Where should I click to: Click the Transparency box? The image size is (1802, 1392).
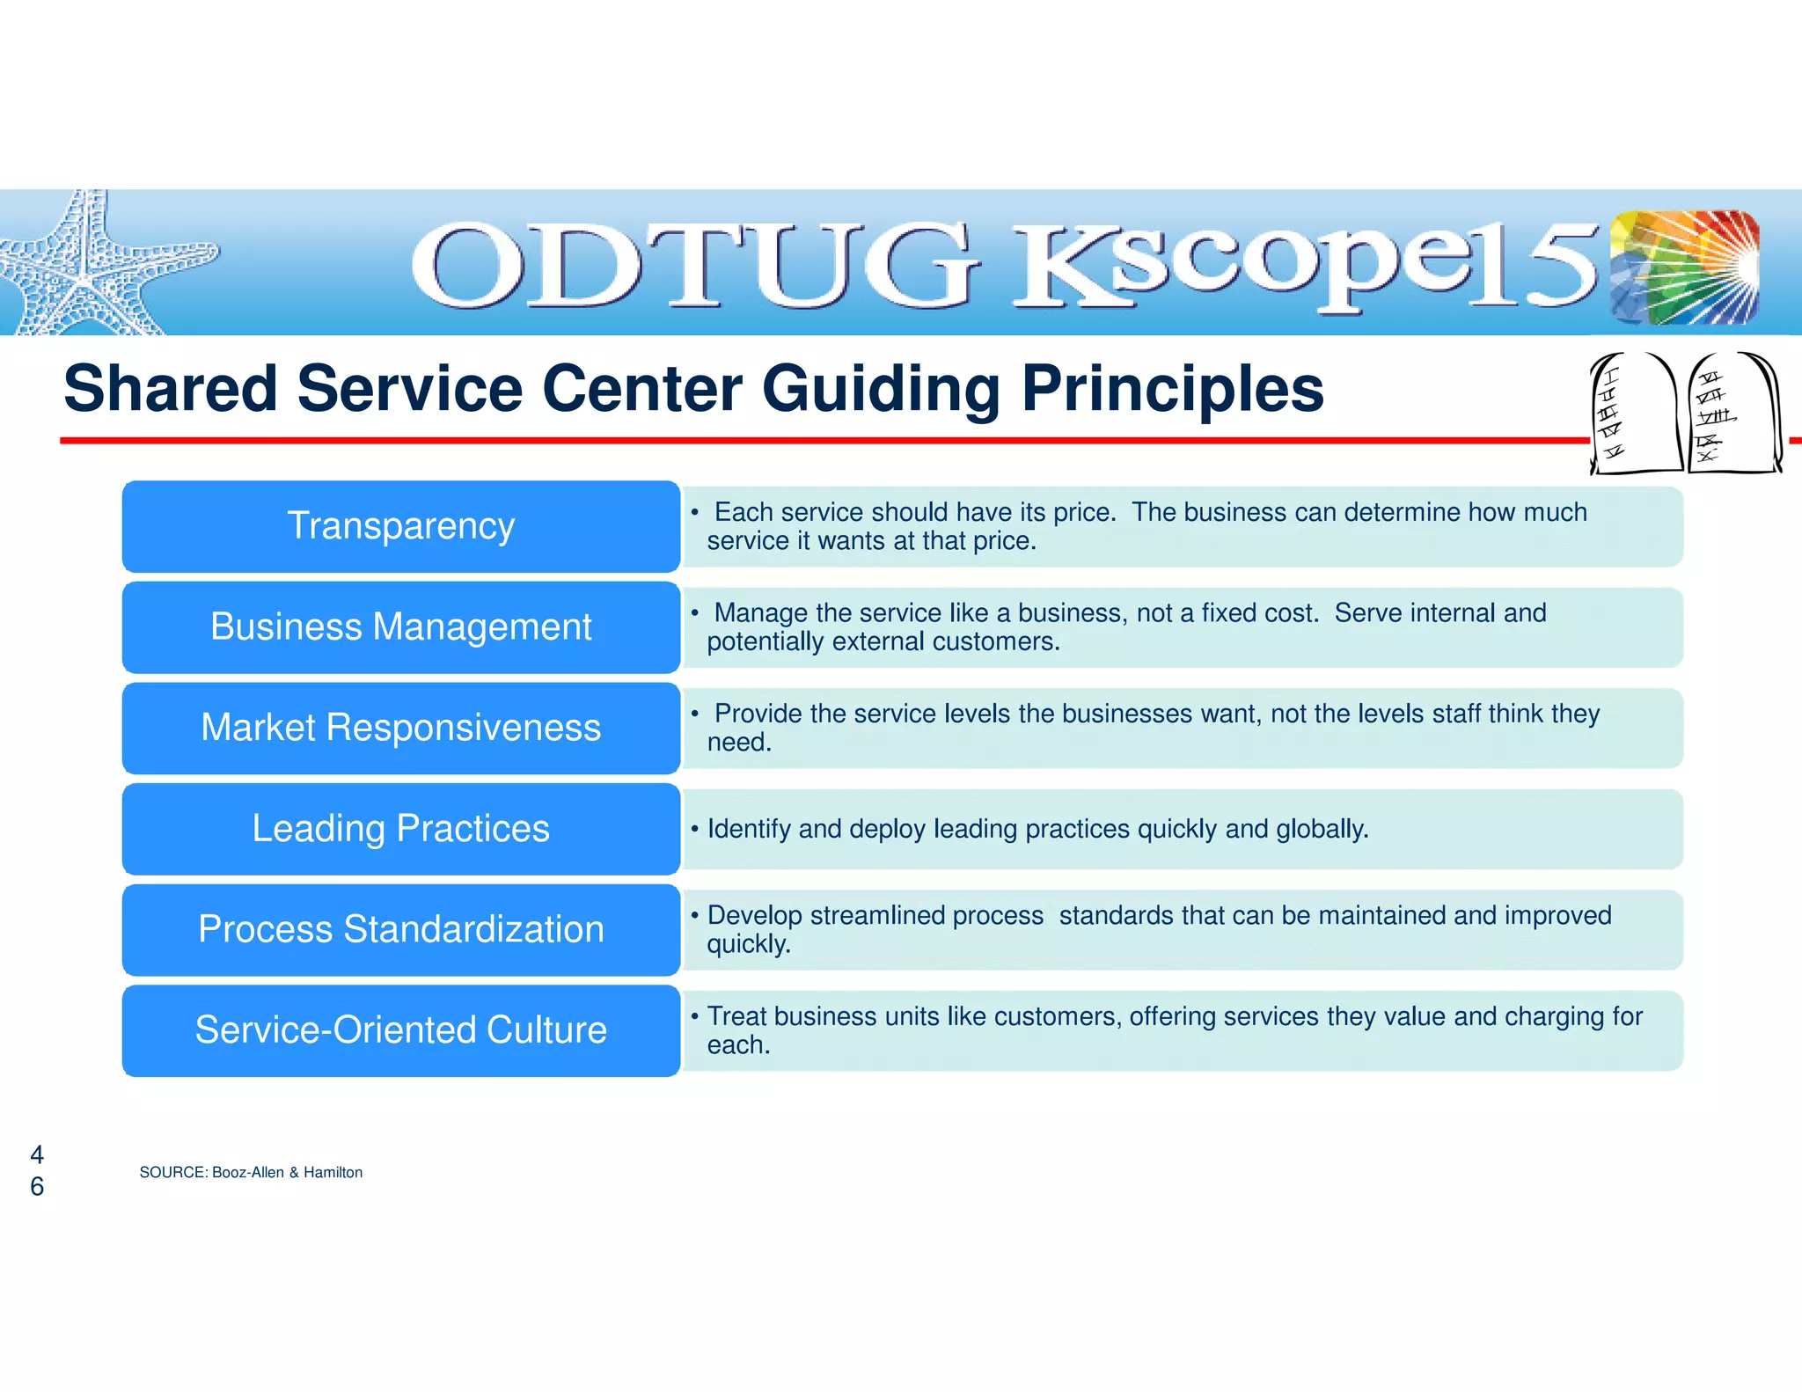point(401,526)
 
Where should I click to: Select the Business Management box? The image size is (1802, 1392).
point(401,627)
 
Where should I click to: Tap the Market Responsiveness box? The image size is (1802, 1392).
point(401,728)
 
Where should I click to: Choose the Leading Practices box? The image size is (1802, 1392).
point(401,829)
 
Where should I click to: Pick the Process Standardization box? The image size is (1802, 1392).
point(401,929)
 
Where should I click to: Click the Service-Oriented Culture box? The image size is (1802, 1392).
point(401,1030)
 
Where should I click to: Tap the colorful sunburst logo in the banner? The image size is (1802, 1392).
point(1684,267)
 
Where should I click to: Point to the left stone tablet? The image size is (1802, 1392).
point(1635,414)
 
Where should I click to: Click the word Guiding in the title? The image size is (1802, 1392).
point(880,390)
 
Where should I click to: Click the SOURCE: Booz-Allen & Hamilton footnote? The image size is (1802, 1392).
point(251,1172)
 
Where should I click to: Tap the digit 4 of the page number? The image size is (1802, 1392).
point(37,1154)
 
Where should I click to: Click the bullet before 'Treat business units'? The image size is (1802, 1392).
point(694,1016)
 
